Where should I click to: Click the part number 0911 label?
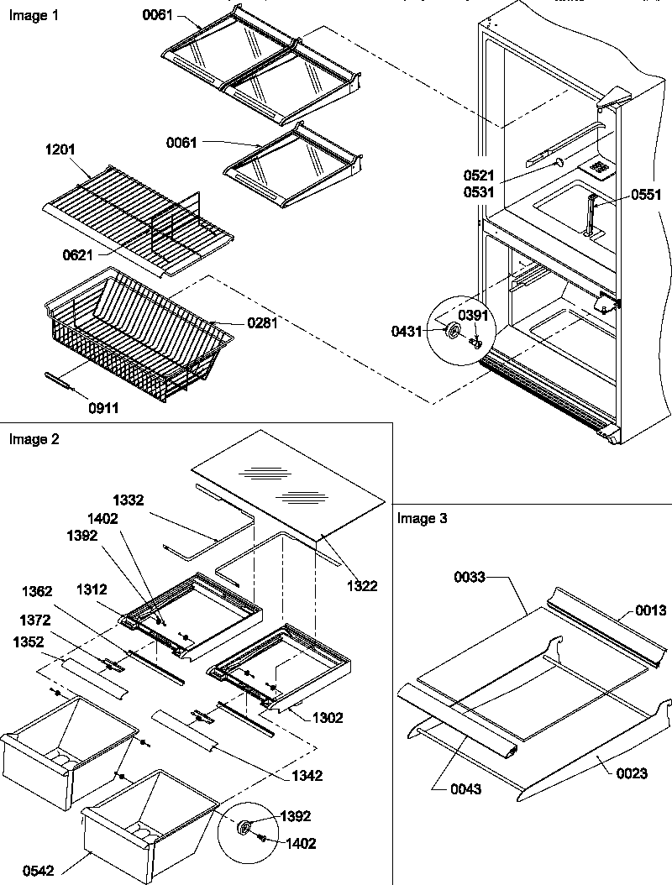coord(104,409)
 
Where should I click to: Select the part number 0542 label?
coord(39,871)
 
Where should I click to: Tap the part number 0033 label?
coord(472,578)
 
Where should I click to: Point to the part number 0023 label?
coord(630,773)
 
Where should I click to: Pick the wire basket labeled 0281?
coord(134,336)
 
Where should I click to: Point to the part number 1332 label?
coord(128,500)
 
